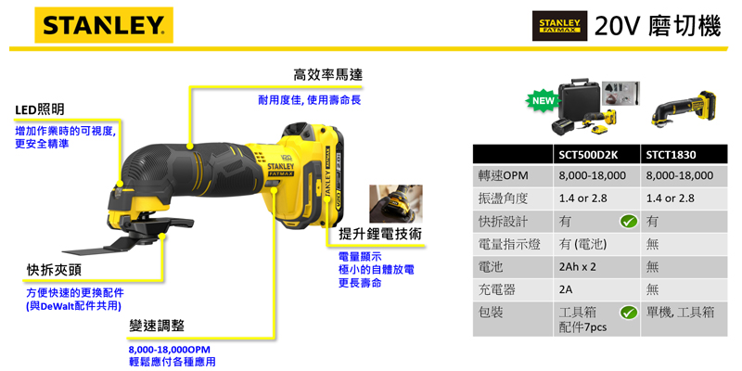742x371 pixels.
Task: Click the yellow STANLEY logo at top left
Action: point(104,25)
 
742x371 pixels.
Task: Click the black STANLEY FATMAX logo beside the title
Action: point(560,26)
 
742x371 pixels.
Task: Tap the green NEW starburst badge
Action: point(543,101)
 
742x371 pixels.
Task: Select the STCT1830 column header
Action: point(671,154)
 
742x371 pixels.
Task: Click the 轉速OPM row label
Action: point(503,175)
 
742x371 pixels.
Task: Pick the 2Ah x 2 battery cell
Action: point(577,266)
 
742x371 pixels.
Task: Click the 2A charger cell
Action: point(566,289)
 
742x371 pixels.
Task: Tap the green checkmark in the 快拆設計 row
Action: point(629,221)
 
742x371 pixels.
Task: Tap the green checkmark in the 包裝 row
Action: point(629,313)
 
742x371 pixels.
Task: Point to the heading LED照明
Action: point(40,109)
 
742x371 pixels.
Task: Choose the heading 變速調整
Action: point(157,326)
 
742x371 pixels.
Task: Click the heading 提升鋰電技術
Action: point(380,235)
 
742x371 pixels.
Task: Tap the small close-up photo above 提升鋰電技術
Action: point(396,204)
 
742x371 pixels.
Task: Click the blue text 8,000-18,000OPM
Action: point(170,351)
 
